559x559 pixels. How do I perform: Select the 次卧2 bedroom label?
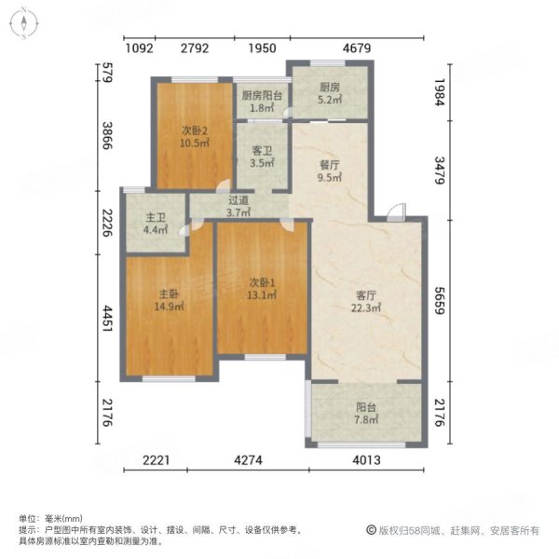click(194, 130)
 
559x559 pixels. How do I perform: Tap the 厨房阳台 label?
click(262, 95)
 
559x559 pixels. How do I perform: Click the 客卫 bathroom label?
click(262, 150)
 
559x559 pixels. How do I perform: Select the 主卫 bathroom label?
click(155, 220)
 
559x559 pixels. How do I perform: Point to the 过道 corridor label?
click(239, 199)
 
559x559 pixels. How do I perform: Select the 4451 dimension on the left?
click(108, 319)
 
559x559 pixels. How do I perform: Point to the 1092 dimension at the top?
click(138, 48)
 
